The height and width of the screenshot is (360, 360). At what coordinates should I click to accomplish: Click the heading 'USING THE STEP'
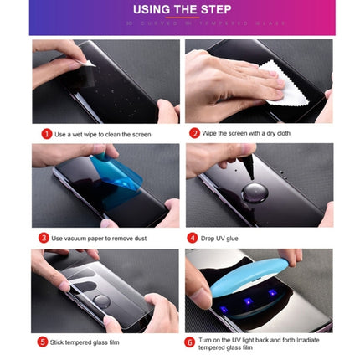180,10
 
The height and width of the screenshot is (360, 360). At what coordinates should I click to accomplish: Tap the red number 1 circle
47,133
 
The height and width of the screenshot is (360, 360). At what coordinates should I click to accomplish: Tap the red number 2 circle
194,133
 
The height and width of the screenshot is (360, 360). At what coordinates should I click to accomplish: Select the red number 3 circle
44,238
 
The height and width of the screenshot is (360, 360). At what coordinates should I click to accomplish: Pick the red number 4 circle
192,238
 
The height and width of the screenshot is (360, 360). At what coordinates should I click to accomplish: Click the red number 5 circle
43,342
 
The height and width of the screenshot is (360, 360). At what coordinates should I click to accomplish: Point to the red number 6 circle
189,342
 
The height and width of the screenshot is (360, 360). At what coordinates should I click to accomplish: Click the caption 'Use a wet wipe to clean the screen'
103,134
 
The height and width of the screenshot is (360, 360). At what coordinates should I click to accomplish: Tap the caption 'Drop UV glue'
220,239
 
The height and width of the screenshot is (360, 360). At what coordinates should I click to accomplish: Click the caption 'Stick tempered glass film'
85,342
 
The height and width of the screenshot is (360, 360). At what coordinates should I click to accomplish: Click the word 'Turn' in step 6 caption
205,339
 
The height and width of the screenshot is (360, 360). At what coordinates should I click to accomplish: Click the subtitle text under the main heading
180,23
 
